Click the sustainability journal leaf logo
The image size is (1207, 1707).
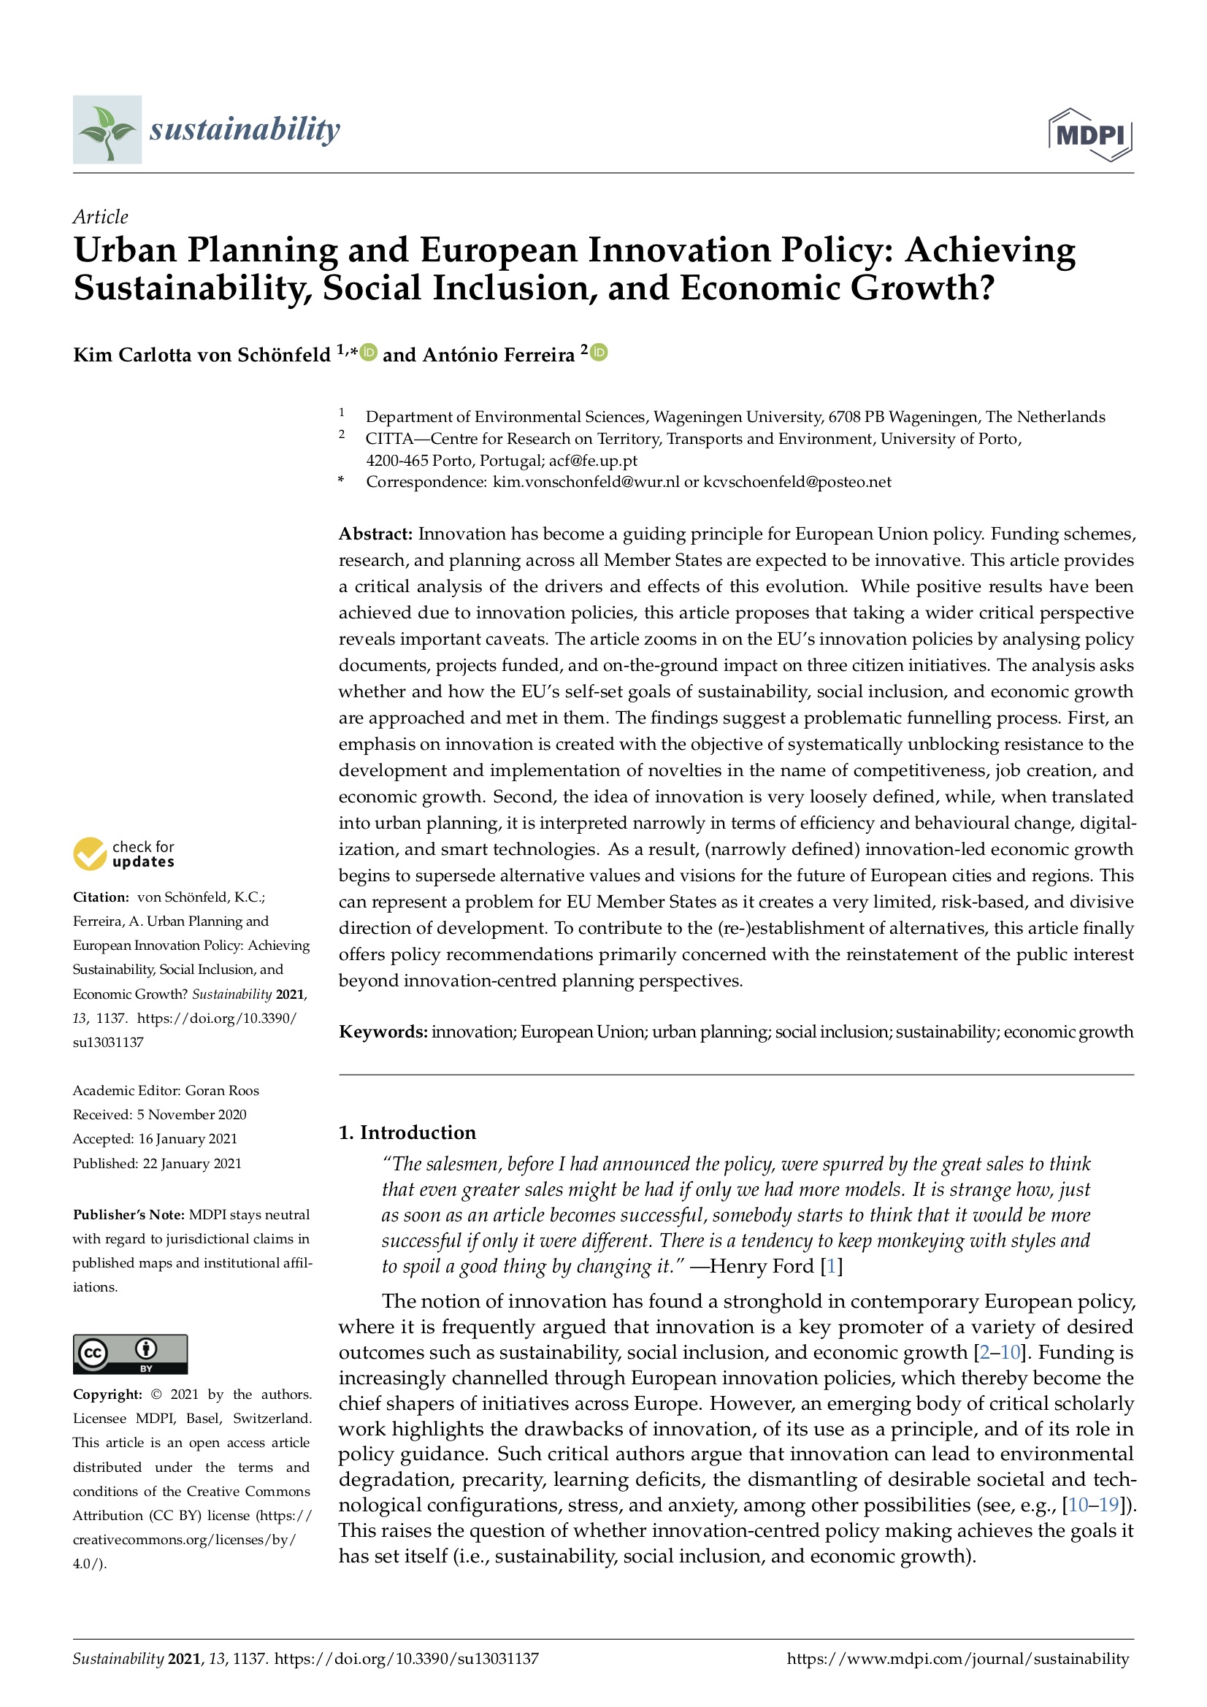click(107, 129)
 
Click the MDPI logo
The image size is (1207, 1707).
click(1089, 134)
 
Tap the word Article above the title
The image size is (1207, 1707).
click(100, 217)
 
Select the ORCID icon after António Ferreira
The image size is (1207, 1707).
click(599, 353)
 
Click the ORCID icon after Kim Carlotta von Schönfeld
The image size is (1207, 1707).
click(368, 353)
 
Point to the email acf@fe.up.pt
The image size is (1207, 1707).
click(593, 460)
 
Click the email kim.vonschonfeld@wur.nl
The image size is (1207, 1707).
click(586, 482)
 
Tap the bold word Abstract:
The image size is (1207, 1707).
click(375, 534)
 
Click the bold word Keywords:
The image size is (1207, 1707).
click(383, 1031)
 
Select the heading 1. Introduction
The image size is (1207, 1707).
click(407, 1132)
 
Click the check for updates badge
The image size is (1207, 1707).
click(124, 854)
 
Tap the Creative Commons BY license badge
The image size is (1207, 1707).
click(130, 1353)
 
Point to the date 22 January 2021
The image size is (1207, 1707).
click(192, 1163)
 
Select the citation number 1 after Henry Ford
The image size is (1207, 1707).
click(832, 1266)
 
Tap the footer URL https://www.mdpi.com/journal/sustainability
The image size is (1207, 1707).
click(957, 1658)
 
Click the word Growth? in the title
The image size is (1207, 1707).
click(922, 288)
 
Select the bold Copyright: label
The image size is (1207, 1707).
click(107, 1394)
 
